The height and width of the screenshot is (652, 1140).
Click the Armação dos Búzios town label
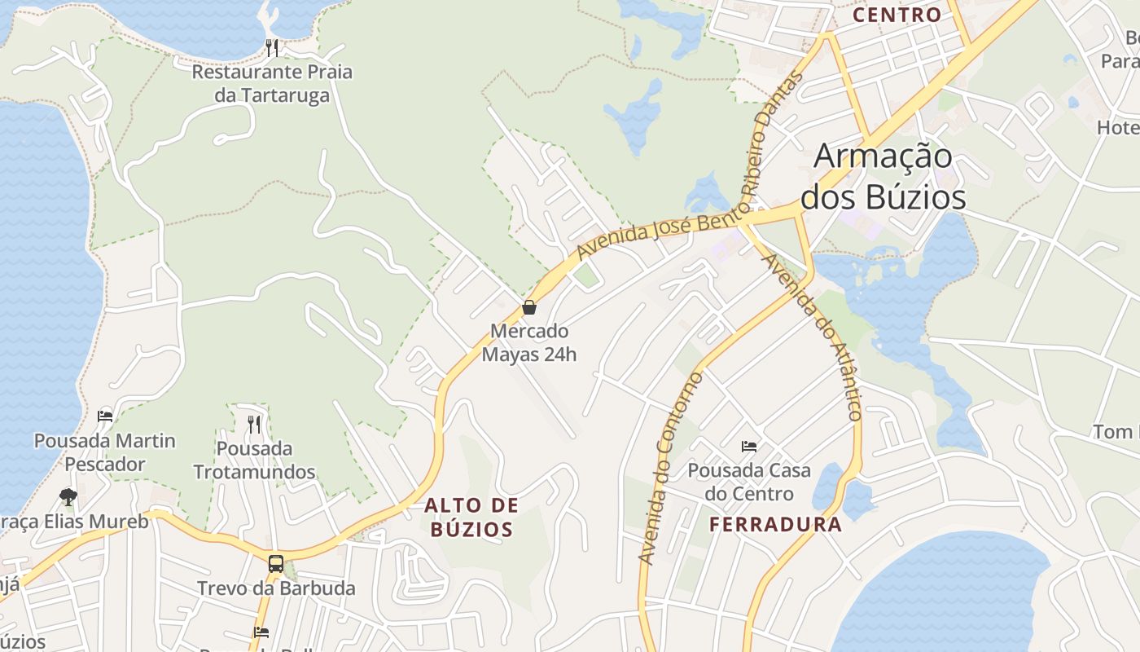883,176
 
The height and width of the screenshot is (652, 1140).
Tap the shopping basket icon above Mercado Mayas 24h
529,307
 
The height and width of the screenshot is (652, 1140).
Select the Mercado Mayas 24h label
529,343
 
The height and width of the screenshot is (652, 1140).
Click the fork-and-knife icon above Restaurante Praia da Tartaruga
272,48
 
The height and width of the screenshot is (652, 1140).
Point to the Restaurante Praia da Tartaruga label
272,83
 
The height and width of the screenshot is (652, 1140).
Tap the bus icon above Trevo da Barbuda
276,563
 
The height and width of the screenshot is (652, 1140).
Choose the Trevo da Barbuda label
276,588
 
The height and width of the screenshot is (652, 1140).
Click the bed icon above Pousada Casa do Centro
749,446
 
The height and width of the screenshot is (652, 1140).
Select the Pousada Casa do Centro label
749,482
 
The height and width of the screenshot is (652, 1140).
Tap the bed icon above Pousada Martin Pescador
105,416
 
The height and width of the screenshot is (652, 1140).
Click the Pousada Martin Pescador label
105,452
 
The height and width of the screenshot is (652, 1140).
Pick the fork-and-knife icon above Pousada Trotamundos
254,423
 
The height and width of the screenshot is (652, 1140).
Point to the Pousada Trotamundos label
254,460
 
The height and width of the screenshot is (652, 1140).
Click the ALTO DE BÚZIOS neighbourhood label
471,517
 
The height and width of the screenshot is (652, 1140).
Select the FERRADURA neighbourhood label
775,525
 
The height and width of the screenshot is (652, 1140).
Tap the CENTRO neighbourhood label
897,15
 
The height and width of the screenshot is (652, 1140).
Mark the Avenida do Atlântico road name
811,337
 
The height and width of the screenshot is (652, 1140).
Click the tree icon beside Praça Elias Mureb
68,496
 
